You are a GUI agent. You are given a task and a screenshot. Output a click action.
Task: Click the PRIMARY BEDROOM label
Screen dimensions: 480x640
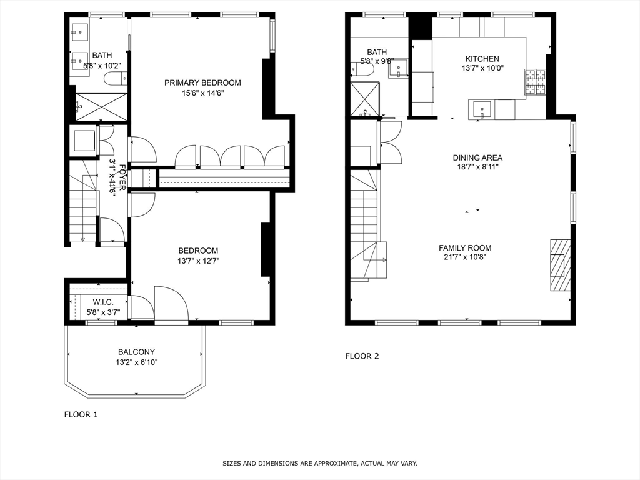(x=202, y=82)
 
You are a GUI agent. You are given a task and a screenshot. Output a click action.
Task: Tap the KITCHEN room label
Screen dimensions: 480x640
(x=481, y=59)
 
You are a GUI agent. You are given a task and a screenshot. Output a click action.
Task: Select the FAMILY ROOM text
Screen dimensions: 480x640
(x=465, y=248)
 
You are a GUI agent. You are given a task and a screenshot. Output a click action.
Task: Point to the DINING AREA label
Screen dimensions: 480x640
(x=477, y=158)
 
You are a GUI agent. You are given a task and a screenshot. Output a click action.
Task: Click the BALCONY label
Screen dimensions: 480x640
(x=136, y=352)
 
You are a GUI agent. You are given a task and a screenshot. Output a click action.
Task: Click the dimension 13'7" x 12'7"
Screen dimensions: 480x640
(x=198, y=261)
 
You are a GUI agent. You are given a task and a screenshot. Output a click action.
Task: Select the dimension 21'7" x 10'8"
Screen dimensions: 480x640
(x=465, y=257)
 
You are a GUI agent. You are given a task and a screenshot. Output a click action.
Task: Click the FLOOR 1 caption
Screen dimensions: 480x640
(x=81, y=414)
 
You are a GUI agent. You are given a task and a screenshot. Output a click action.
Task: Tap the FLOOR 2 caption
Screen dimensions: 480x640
(x=362, y=356)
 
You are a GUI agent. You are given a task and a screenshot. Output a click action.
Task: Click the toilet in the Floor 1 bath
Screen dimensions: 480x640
(x=115, y=78)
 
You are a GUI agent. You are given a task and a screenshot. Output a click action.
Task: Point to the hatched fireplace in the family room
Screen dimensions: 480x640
(x=560, y=265)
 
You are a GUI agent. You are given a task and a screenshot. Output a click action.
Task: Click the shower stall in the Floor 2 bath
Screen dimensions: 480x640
(x=364, y=99)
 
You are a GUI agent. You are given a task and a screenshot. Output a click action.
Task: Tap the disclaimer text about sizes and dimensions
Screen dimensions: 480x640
(x=320, y=463)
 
